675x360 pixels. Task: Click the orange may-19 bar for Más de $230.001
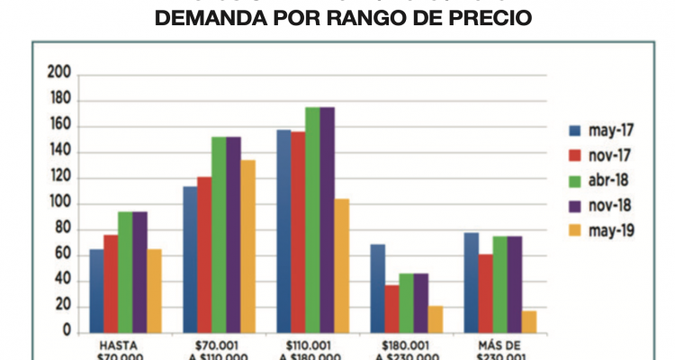528,321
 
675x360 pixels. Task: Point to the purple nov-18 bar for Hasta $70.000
139,271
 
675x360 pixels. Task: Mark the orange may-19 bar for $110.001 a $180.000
341,265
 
